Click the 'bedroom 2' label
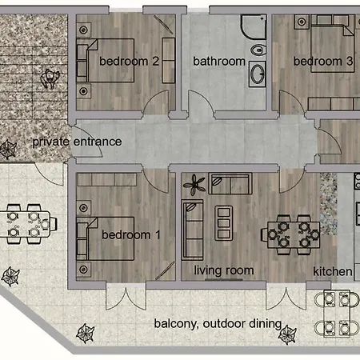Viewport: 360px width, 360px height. coord(129,61)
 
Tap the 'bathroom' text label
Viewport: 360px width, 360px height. coord(218,61)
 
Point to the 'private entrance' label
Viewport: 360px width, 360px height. coord(77,142)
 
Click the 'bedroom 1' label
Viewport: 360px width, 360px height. coord(131,235)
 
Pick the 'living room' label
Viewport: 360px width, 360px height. coord(224,270)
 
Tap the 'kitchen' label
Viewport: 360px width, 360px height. coord(332,271)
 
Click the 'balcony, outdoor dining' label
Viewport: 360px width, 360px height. coord(217,324)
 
